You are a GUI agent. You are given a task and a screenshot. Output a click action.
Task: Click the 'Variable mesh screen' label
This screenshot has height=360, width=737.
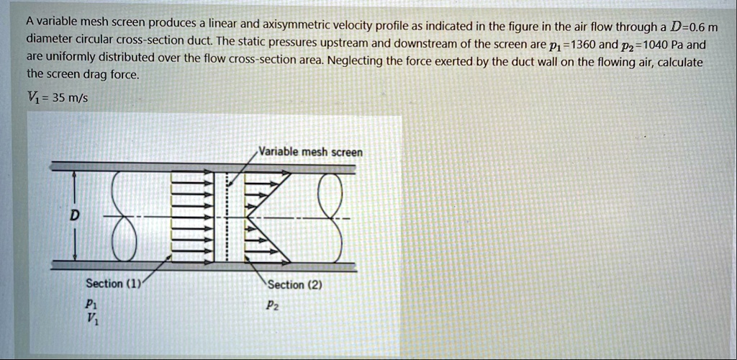point(311,152)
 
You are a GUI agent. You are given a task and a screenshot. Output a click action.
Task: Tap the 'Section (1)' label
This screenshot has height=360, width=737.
point(112,284)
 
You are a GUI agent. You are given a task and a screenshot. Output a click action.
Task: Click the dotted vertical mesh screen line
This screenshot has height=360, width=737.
point(225,217)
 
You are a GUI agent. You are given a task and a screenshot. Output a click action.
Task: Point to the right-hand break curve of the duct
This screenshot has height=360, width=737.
point(330,217)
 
